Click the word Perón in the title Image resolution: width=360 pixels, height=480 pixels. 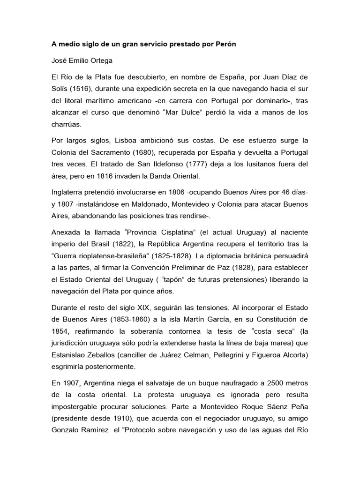(x=224, y=45)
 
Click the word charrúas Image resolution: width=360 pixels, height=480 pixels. (x=67, y=125)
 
